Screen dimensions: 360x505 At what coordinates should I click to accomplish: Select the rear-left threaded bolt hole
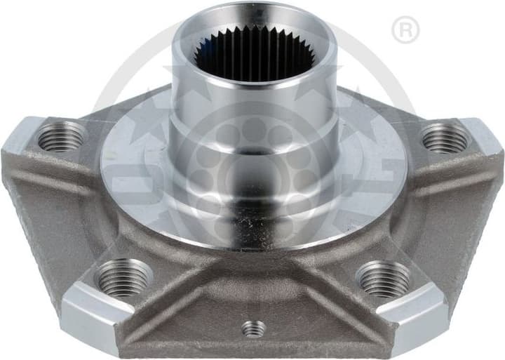(61, 136)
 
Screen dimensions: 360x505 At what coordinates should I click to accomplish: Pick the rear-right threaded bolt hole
(444, 138)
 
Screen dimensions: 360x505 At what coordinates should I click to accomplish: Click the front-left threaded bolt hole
(123, 278)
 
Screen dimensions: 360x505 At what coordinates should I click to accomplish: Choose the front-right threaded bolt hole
(384, 279)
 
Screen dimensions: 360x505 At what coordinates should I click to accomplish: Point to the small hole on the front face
(253, 328)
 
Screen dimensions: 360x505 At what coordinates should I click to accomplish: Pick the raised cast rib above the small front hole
(253, 295)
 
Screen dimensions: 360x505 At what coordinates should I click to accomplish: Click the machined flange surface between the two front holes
(253, 256)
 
